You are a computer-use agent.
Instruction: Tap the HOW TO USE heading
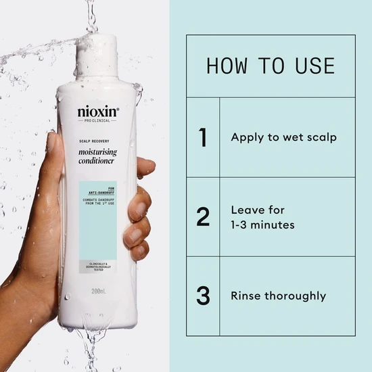271,66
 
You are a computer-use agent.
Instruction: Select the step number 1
202,137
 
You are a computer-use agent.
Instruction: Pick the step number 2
203,217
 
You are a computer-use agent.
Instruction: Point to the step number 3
203,296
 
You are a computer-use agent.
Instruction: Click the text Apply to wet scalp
283,137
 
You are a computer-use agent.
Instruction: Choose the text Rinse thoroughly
278,296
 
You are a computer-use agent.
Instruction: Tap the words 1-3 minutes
262,225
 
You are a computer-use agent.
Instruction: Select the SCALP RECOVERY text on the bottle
93,139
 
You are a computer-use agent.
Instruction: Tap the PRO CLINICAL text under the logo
97,120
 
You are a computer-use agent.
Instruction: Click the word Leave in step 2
248,210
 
